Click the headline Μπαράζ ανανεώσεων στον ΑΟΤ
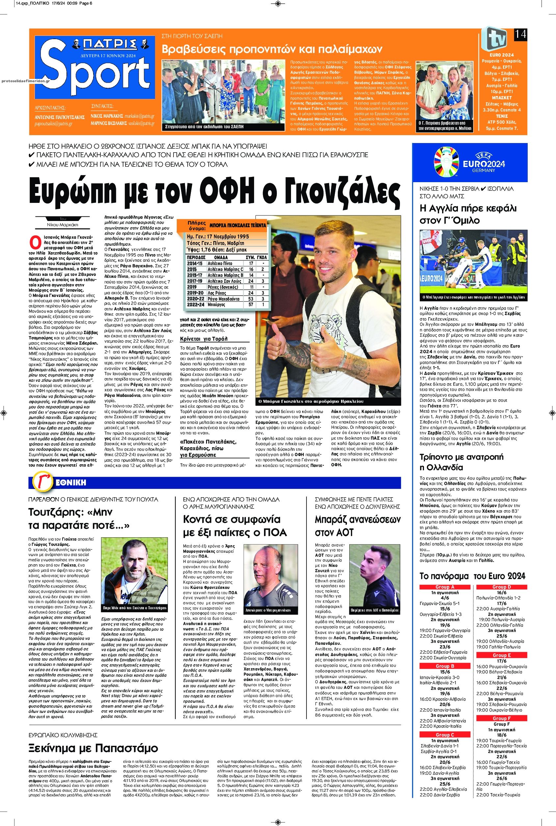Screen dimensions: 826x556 click(x=357, y=526)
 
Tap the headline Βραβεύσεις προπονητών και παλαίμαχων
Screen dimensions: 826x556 click(x=272, y=49)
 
